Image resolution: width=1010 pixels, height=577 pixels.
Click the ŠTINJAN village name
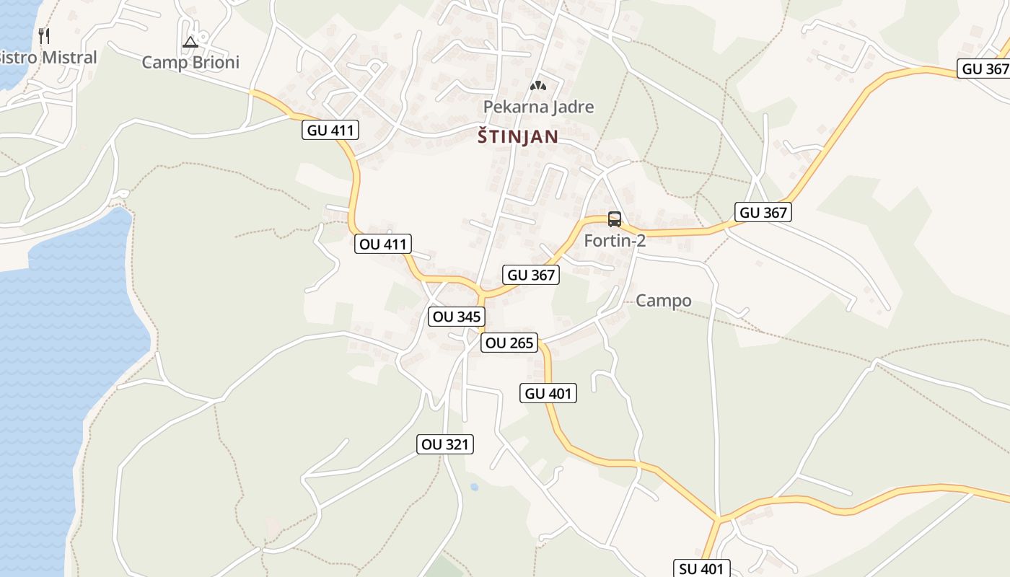point(517,136)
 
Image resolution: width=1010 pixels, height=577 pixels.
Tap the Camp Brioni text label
point(190,62)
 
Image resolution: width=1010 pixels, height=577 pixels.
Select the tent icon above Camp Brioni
point(190,42)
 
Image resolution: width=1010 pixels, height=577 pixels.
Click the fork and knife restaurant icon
point(44,35)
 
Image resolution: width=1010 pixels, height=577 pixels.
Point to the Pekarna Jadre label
point(538,107)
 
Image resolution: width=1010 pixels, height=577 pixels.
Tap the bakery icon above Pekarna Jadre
point(537,86)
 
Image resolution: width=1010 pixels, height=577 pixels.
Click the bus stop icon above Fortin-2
point(615,219)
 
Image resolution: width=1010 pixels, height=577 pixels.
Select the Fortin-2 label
point(615,240)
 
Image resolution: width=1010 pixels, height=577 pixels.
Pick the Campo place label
point(663,301)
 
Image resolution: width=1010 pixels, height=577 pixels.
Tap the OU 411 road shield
point(383,244)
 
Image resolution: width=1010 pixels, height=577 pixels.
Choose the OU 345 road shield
point(456,316)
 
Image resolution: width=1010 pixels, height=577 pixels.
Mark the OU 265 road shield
point(509,343)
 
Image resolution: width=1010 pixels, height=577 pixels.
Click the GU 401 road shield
point(548,393)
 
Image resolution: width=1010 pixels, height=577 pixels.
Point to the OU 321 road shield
point(445,444)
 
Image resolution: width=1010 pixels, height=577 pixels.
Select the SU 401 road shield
point(701,568)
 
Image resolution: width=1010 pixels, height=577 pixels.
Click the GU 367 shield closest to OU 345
point(532,274)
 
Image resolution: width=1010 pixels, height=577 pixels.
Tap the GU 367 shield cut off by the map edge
point(985,69)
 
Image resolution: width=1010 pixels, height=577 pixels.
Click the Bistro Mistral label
point(48,57)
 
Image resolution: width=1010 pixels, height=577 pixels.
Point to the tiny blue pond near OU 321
point(474,487)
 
